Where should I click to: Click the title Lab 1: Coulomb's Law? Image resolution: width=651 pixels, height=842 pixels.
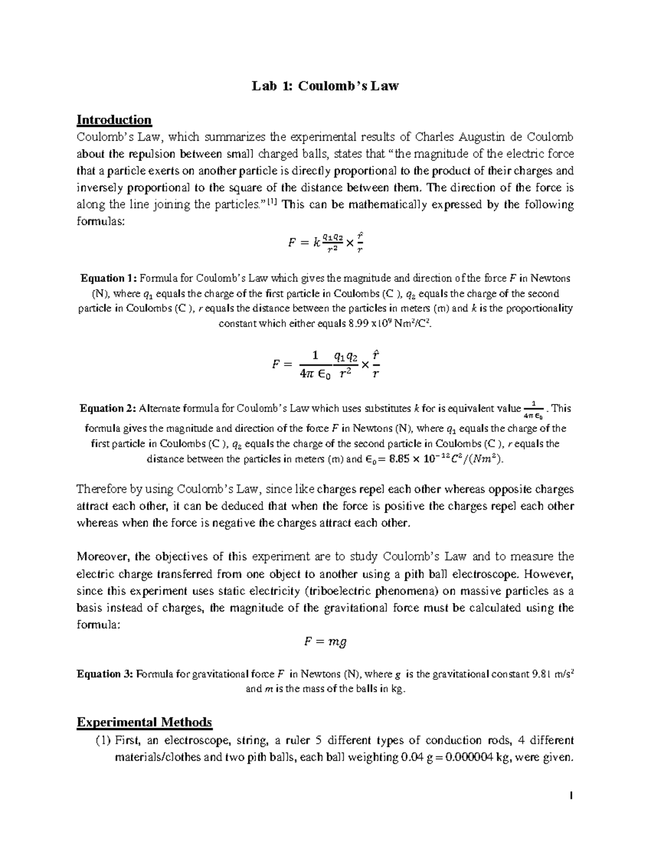(325, 86)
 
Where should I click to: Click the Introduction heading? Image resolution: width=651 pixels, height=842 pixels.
(114, 119)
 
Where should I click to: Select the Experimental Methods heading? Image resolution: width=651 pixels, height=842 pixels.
(144, 722)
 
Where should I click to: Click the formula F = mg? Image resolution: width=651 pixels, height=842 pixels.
(325, 641)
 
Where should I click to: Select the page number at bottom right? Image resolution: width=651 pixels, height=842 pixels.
(571, 796)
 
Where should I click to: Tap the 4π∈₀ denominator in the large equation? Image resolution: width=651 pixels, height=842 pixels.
(315, 373)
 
